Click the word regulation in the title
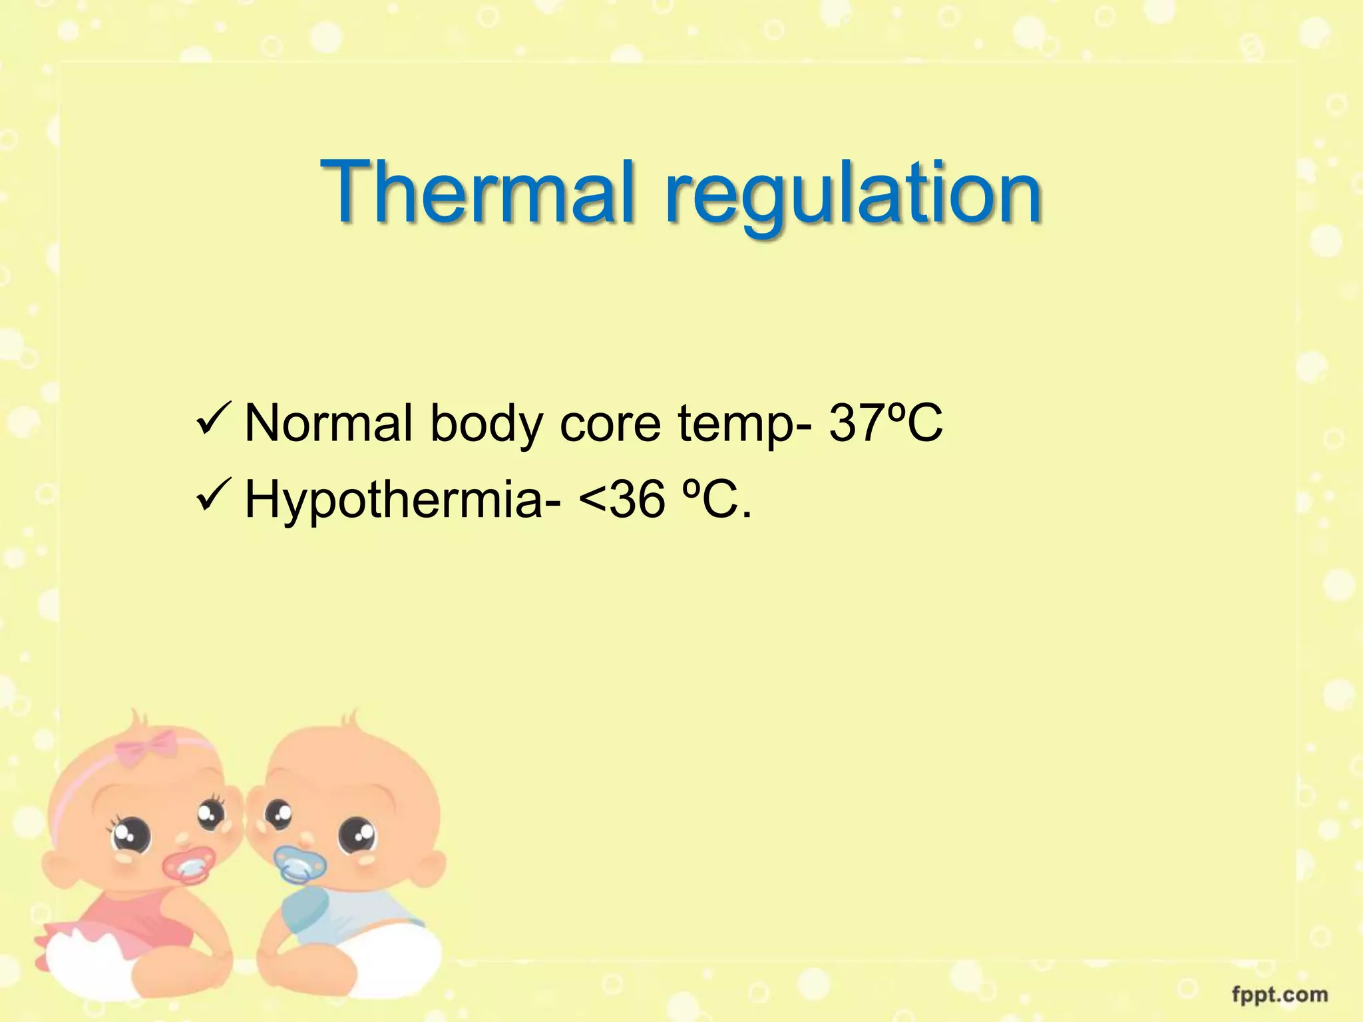tap(853, 196)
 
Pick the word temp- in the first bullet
tap(745, 426)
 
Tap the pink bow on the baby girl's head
tap(147, 747)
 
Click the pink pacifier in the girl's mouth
tap(189, 864)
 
